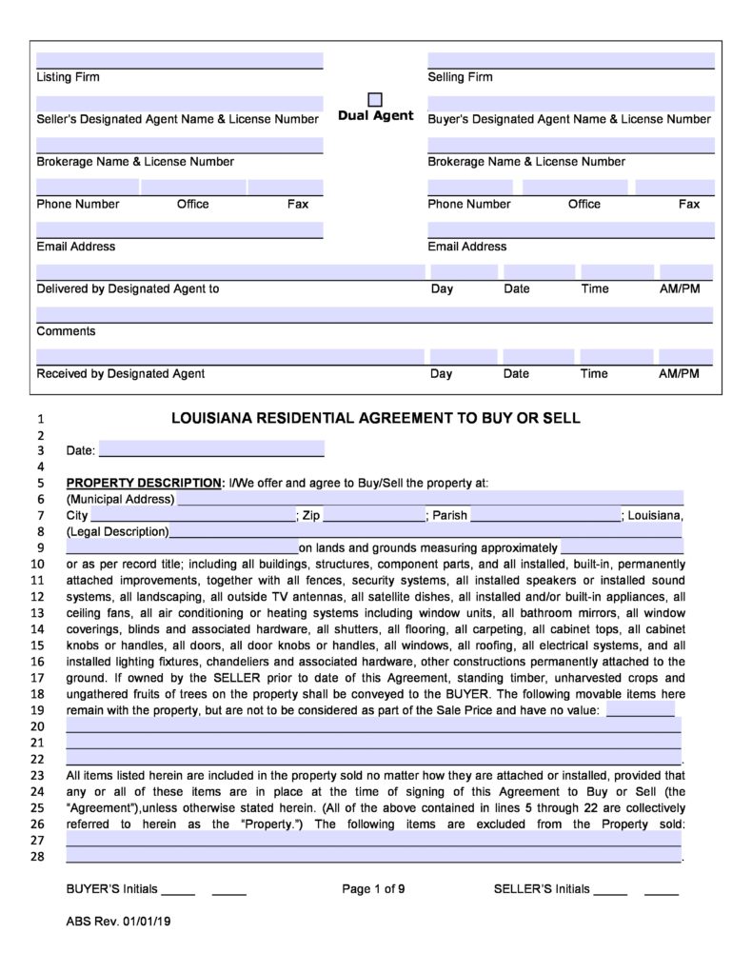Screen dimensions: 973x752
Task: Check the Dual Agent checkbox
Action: coord(375,100)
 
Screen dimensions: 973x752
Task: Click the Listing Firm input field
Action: coord(180,60)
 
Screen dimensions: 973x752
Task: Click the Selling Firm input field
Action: coord(570,60)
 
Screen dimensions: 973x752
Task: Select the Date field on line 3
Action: coord(211,449)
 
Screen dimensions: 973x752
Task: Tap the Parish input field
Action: coord(545,515)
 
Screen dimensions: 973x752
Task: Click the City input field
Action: coord(193,515)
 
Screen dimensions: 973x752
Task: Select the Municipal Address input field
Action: coord(429,499)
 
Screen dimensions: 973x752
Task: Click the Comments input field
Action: coord(374,315)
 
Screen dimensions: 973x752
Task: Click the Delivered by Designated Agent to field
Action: coord(229,272)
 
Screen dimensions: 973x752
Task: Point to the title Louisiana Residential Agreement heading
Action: coord(375,418)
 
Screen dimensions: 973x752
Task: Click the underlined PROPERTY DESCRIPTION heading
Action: coord(143,483)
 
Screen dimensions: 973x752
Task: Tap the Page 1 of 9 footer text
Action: coord(374,889)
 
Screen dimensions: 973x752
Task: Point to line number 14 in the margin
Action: coord(39,628)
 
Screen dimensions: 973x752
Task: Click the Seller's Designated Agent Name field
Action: coord(180,103)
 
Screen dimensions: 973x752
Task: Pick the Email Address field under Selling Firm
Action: coord(570,229)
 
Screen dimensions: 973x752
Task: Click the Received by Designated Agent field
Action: coord(229,357)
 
